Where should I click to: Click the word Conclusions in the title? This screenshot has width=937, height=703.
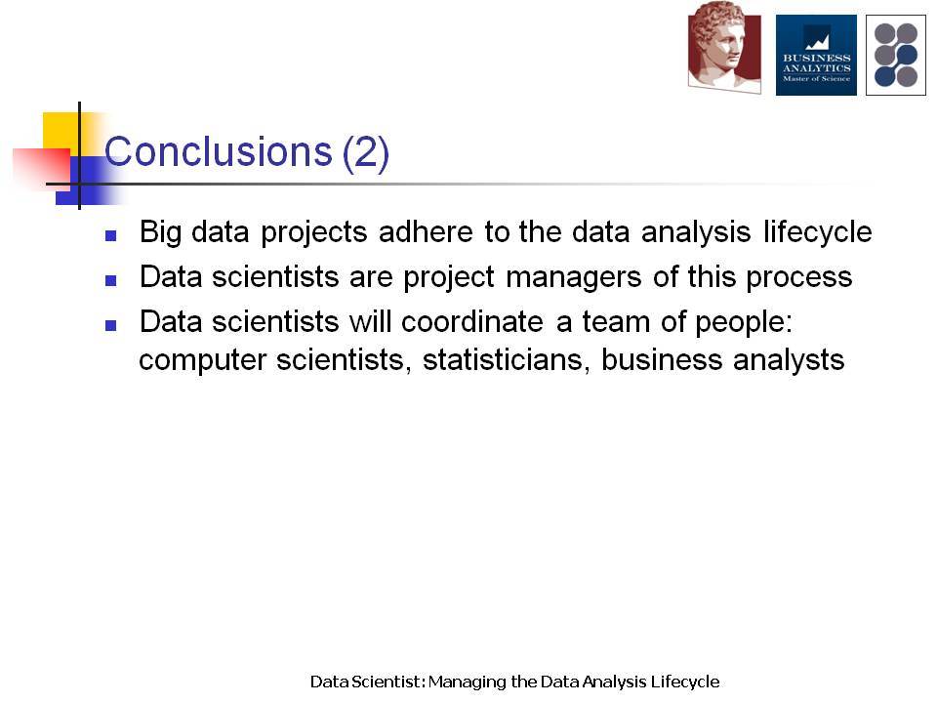pyautogui.click(x=218, y=151)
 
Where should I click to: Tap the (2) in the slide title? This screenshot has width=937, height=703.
pyautogui.click(x=366, y=153)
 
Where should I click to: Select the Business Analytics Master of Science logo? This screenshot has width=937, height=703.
pyautogui.click(x=816, y=55)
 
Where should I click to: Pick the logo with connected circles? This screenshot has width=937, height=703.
pyautogui.click(x=896, y=55)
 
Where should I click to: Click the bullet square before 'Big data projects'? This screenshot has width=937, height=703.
pyautogui.click(x=110, y=235)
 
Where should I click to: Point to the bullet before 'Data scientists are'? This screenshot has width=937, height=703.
pyautogui.click(x=110, y=280)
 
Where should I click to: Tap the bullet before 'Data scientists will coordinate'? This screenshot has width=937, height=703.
pyautogui.click(x=110, y=325)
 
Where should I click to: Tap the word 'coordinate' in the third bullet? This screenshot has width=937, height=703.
pyautogui.click(x=472, y=321)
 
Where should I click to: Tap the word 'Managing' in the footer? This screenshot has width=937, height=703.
pyautogui.click(x=468, y=682)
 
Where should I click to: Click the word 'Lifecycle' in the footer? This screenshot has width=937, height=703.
pyautogui.click(x=685, y=682)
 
